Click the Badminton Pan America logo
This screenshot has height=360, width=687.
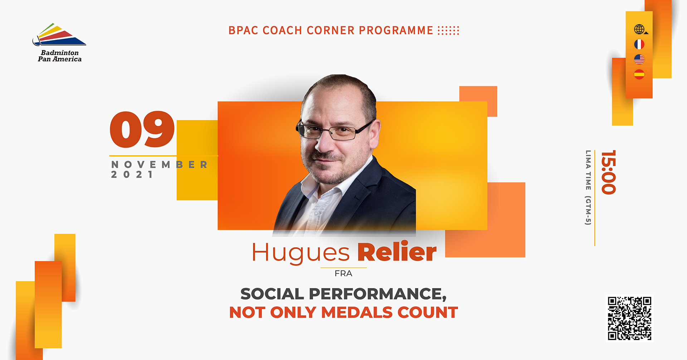(x=59, y=43)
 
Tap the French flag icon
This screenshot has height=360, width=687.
(x=639, y=44)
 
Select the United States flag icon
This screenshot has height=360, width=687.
(x=639, y=59)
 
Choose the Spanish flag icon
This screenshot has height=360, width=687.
(x=639, y=74)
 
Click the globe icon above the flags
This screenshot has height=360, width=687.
(x=640, y=29)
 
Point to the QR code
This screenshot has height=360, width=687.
(x=629, y=318)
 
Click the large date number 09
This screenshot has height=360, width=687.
(x=142, y=129)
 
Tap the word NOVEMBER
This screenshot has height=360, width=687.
(x=159, y=165)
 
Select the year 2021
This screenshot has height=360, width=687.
(x=132, y=175)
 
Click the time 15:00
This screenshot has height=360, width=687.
(x=608, y=172)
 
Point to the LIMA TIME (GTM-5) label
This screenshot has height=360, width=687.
(x=588, y=188)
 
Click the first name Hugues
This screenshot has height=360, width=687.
(x=301, y=253)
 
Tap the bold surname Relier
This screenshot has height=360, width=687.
(x=397, y=252)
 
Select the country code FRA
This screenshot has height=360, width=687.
(x=343, y=274)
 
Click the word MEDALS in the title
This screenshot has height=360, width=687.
(x=357, y=312)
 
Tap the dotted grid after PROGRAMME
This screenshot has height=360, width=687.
(x=448, y=30)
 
